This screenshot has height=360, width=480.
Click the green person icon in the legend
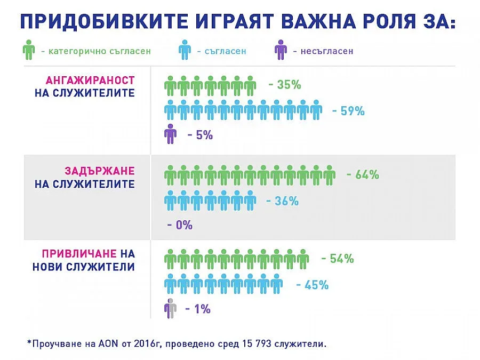pos(28,51)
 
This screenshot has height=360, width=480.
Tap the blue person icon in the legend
pos(185,51)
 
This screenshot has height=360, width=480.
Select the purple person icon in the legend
pos(280,51)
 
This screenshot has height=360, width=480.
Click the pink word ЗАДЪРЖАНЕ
pos(99,171)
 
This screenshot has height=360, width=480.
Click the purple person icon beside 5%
pos(171,134)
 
